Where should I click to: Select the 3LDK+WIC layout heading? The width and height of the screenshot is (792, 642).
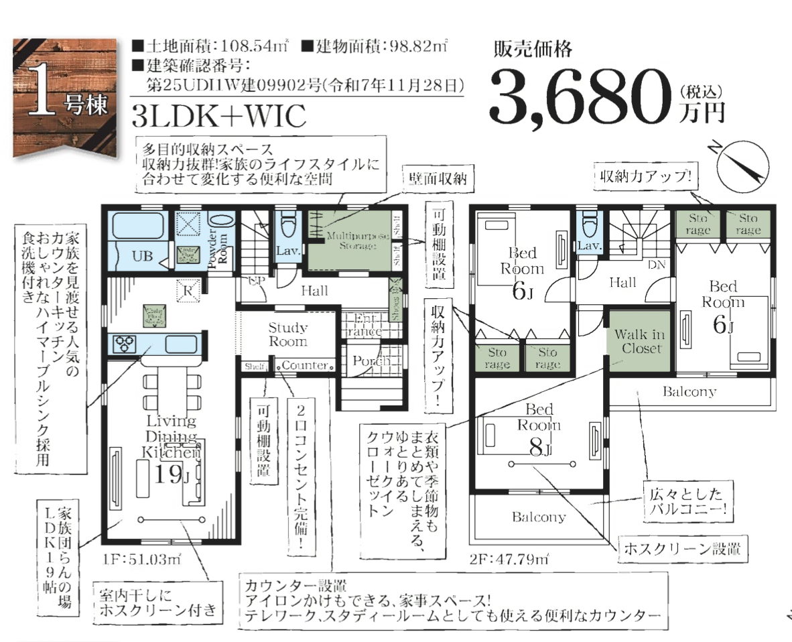[x=219, y=116]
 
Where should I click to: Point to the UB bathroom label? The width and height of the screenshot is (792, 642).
[x=141, y=255]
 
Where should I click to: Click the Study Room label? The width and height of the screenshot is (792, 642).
[x=288, y=334]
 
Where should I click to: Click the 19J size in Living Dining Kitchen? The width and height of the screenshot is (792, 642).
[x=170, y=474]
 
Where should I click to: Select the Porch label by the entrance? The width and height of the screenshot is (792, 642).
[x=371, y=361]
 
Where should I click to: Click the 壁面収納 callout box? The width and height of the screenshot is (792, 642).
[x=438, y=180]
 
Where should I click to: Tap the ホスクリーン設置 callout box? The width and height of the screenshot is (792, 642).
[x=683, y=550]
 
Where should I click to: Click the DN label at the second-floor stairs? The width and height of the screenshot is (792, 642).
[x=656, y=264]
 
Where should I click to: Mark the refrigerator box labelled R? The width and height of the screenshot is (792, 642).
[x=188, y=290]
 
